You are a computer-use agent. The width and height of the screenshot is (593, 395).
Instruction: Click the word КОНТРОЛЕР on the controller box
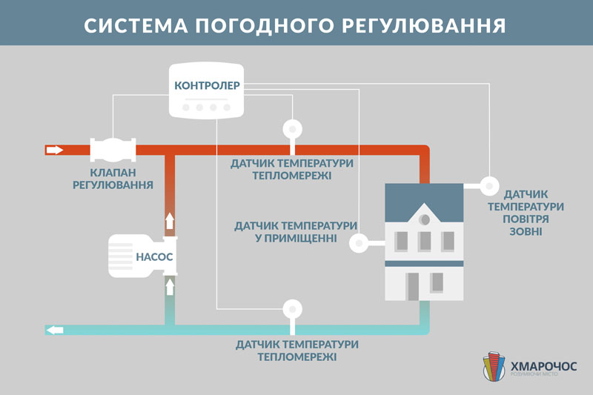(x=208, y=85)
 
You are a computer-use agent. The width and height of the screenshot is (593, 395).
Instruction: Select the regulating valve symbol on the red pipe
(x=113, y=150)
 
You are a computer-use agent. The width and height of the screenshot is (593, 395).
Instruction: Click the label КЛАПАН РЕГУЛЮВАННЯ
(x=112, y=179)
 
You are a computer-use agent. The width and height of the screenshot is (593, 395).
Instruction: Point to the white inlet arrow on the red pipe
(x=55, y=150)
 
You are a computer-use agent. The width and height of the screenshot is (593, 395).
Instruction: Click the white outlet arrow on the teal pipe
(x=55, y=330)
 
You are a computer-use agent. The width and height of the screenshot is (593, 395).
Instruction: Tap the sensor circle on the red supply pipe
(x=293, y=129)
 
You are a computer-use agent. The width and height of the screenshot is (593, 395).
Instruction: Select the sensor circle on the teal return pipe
(x=293, y=309)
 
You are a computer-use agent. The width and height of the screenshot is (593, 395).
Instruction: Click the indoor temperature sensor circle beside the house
(x=358, y=242)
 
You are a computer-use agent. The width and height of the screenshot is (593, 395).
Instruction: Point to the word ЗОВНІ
(x=526, y=232)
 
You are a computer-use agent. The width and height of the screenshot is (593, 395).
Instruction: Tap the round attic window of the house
(x=425, y=219)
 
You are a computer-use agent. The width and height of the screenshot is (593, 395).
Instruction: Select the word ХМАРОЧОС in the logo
(x=545, y=364)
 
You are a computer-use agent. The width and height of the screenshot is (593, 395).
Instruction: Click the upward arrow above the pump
(x=170, y=219)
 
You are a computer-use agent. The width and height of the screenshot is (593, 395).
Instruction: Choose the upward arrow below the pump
(x=170, y=286)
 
